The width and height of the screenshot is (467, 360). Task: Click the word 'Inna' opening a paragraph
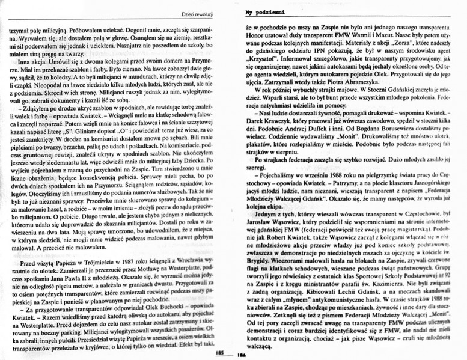(x=25, y=63)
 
